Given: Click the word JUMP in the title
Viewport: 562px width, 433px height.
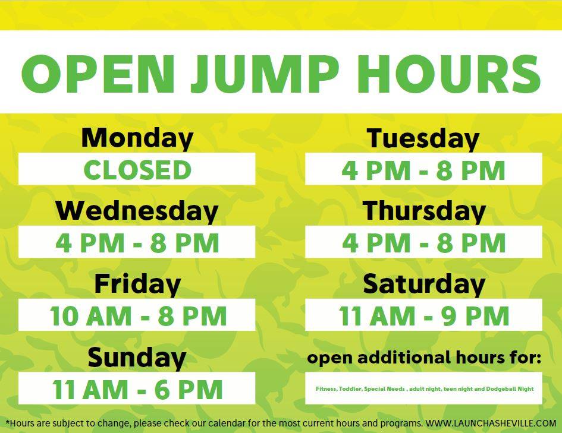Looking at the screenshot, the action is (x=265, y=74).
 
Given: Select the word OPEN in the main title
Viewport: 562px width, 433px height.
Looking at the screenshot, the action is (x=98, y=74).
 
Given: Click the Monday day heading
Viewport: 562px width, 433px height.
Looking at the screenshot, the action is (x=137, y=139).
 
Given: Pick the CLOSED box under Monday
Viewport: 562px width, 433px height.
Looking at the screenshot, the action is (x=137, y=169).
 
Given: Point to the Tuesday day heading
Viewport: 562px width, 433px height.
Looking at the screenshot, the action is (x=423, y=139).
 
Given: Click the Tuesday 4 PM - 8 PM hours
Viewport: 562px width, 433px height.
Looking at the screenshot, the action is (x=423, y=170).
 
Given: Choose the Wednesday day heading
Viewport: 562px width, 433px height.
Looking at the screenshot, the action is (x=137, y=211).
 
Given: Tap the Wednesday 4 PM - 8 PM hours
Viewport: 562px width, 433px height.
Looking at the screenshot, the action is (x=137, y=242).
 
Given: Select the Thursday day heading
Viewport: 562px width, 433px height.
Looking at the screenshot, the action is (x=424, y=211).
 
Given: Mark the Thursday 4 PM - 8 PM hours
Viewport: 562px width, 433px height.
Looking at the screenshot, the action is (x=423, y=242).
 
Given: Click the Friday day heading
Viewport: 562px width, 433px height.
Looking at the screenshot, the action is (x=137, y=285).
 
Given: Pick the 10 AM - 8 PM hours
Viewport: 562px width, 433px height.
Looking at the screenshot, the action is (x=139, y=316).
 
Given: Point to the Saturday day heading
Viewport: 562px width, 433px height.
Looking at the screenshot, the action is (x=424, y=285).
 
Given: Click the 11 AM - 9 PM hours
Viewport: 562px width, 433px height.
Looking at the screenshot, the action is (x=424, y=316).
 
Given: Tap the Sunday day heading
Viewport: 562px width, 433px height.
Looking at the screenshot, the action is (x=137, y=358).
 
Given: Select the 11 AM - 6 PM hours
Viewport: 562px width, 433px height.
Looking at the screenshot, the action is (x=137, y=389).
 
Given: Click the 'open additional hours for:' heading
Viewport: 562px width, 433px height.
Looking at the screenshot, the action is (x=424, y=358).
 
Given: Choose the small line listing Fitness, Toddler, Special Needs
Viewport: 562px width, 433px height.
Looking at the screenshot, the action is (x=425, y=388).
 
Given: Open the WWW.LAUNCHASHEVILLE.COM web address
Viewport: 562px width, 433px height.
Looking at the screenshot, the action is (x=491, y=423).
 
